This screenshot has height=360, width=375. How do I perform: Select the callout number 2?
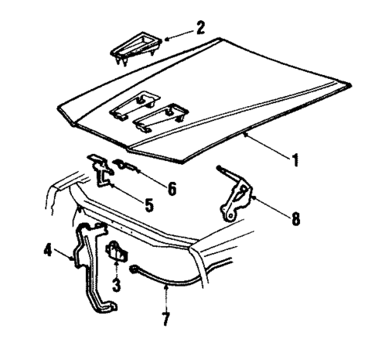[200, 29]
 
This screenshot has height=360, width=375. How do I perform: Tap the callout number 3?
[117, 283]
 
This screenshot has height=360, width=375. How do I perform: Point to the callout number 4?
[48, 251]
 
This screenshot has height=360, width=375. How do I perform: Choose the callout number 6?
[172, 188]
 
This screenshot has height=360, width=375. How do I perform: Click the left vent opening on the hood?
[135, 104]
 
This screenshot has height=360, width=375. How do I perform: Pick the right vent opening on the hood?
[162, 115]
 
